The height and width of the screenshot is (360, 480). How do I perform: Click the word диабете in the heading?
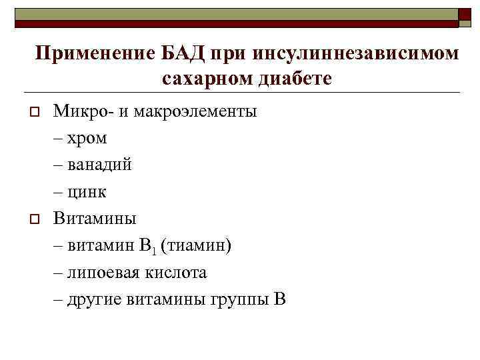[292, 79]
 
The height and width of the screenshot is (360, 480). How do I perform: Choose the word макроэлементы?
[195, 111]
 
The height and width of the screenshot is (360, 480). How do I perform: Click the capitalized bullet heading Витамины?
[95, 218]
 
